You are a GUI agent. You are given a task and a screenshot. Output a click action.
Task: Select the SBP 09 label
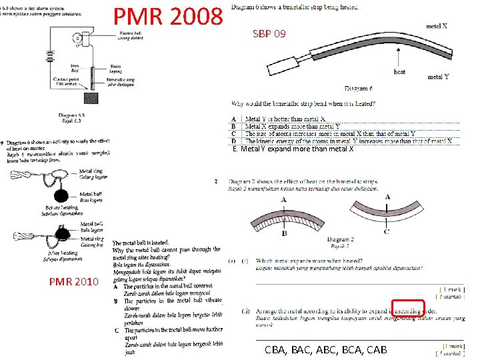(x=269, y=34)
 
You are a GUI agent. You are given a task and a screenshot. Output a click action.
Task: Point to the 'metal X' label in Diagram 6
(x=436, y=27)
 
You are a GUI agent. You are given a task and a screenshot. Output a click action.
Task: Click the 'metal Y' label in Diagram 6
(x=438, y=77)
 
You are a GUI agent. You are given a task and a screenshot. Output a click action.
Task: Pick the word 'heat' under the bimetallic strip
(x=399, y=71)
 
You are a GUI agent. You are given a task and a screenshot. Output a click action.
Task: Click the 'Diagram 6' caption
(x=358, y=88)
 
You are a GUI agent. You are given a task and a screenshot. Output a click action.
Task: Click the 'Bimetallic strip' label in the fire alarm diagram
(x=124, y=80)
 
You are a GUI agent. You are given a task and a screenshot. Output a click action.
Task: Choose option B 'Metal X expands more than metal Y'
(x=293, y=127)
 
